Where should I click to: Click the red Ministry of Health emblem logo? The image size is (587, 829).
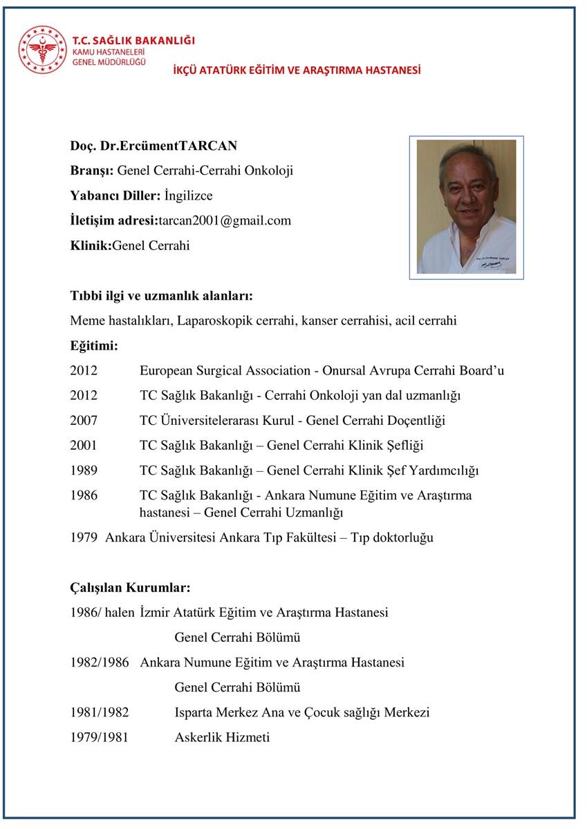[43, 49]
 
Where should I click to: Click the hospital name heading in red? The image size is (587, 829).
[297, 70]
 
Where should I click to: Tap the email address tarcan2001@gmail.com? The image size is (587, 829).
[225, 220]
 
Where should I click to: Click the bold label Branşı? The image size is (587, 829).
[93, 171]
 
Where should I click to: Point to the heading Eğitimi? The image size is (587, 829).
[94, 345]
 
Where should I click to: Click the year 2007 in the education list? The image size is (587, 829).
[84, 421]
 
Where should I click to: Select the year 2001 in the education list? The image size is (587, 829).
[84, 446]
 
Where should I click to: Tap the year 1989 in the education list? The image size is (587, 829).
[84, 470]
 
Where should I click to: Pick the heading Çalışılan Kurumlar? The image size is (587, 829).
[130, 588]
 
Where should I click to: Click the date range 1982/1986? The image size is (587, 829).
[100, 663]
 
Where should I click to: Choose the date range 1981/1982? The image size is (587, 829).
[100, 712]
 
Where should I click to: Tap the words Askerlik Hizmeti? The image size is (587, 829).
[222, 737]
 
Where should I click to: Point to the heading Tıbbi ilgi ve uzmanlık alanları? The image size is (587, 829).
[161, 296]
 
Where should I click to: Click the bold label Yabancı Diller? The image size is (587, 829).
[115, 196]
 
